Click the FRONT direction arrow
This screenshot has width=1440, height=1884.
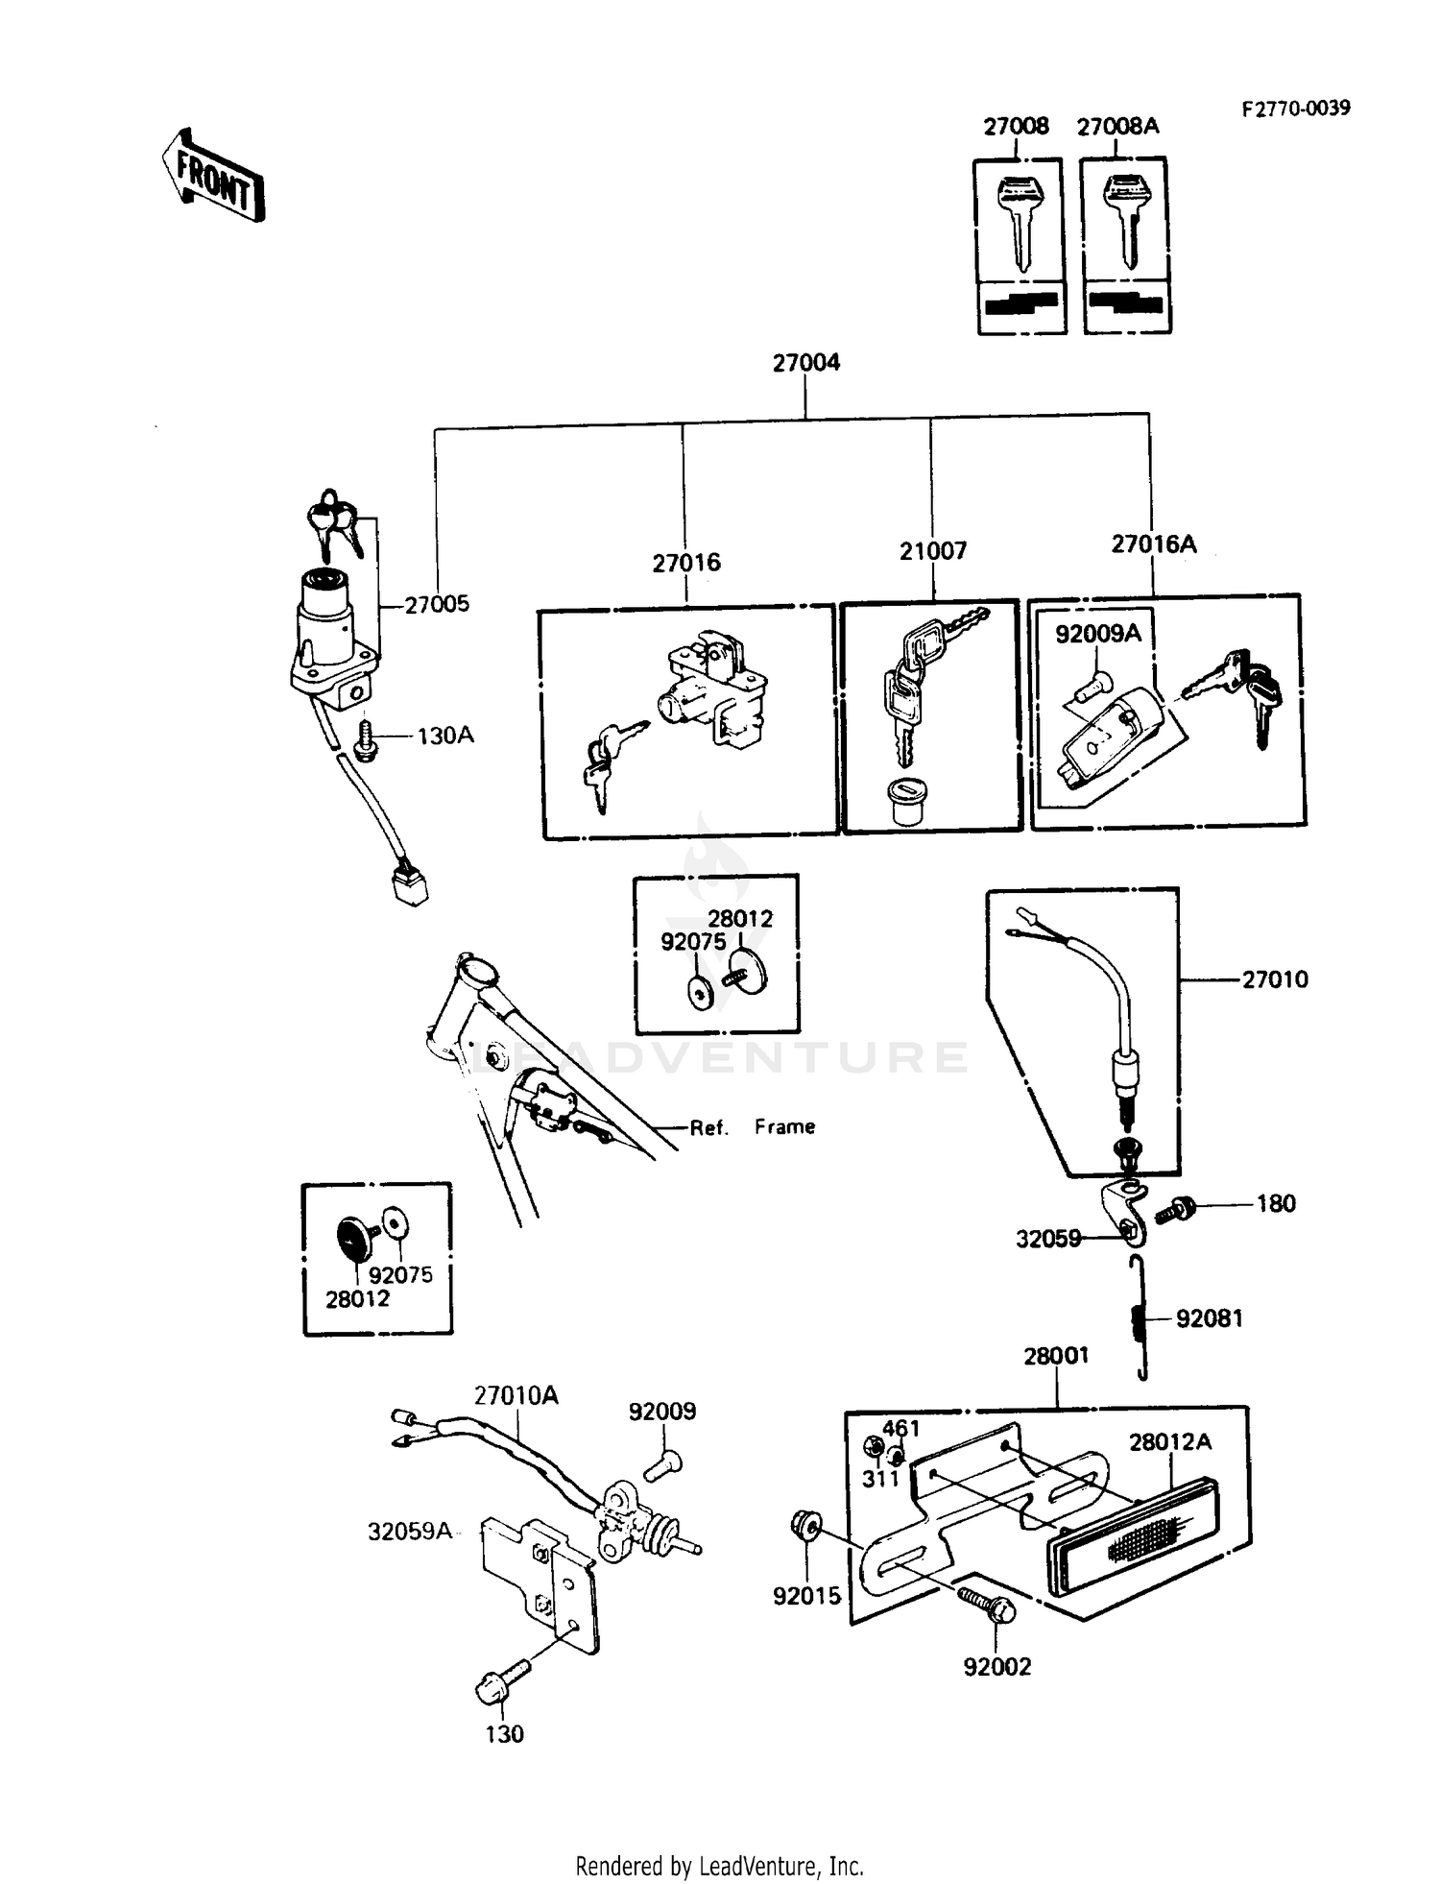point(212,176)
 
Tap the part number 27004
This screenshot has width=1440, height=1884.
point(805,362)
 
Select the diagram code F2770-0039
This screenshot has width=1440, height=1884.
point(1295,108)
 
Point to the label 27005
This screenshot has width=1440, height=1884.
point(437,604)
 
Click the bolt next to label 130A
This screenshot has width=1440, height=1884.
point(365,740)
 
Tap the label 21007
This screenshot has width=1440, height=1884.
point(932,551)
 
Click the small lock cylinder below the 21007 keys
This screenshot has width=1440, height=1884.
point(906,799)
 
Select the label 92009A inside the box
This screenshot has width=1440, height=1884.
point(1097,634)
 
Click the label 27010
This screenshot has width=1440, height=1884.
point(1275,979)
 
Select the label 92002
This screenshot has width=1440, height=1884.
point(996,1666)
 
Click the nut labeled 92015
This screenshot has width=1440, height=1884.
point(804,1524)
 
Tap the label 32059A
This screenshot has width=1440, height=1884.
point(409,1531)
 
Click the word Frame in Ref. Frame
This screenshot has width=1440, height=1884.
point(784,1126)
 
